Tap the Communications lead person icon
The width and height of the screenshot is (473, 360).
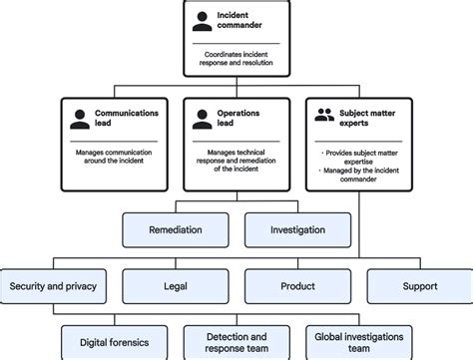pos(79,119)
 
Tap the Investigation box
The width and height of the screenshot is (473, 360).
pos(297,230)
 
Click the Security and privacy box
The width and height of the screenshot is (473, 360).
pos(53,286)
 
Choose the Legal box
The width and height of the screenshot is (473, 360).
pos(175,286)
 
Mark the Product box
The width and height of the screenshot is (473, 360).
pos(297,286)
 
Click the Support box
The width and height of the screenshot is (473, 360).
pos(420,286)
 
